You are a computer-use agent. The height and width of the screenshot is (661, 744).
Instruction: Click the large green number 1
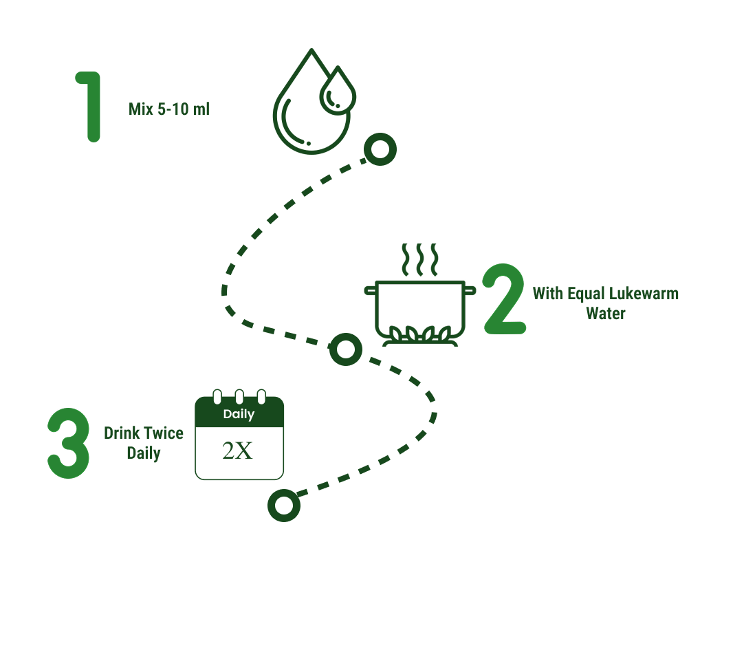coord(91,106)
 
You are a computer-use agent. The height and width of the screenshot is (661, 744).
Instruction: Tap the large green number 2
coord(505,300)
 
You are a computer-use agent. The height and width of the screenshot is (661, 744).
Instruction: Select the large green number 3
coord(68,444)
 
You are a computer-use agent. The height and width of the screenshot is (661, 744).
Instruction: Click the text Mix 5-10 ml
coord(168,109)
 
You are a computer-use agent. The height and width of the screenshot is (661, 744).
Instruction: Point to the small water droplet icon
coord(338,91)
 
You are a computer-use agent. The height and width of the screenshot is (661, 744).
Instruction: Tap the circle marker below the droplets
coord(380,149)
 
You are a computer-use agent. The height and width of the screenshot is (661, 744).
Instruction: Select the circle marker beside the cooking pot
coord(346,349)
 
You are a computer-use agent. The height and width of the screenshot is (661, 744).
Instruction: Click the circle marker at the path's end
coord(283,506)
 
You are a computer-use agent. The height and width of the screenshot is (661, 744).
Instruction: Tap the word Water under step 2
coord(605,314)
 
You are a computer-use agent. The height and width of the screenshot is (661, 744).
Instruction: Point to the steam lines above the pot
coord(419,259)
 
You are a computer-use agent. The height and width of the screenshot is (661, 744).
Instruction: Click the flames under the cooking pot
coord(420,335)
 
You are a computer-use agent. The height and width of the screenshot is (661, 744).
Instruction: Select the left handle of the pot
coord(371,289)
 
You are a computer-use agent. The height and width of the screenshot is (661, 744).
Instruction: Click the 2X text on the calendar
coord(238,451)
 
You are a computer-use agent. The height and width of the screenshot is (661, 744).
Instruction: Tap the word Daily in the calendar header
coord(239,414)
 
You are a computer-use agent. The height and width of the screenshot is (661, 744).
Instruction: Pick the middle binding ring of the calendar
coord(239,397)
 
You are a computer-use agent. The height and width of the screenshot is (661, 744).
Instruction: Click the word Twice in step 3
coord(163,433)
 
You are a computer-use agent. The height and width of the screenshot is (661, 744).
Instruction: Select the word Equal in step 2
coord(585,294)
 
